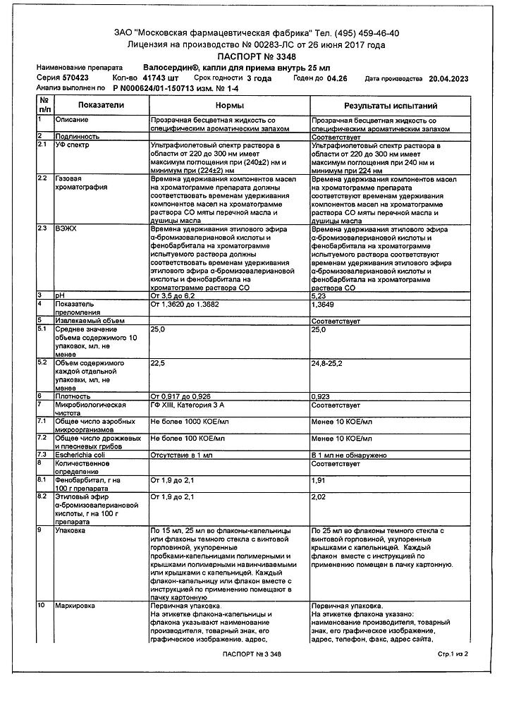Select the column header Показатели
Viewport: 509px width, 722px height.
click(x=100, y=104)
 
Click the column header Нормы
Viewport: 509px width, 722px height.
click(x=230, y=104)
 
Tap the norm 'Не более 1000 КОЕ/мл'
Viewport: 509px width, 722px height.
click(x=188, y=420)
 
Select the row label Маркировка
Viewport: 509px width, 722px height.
click(x=75, y=606)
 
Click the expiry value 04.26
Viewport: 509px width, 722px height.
click(x=341, y=78)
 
